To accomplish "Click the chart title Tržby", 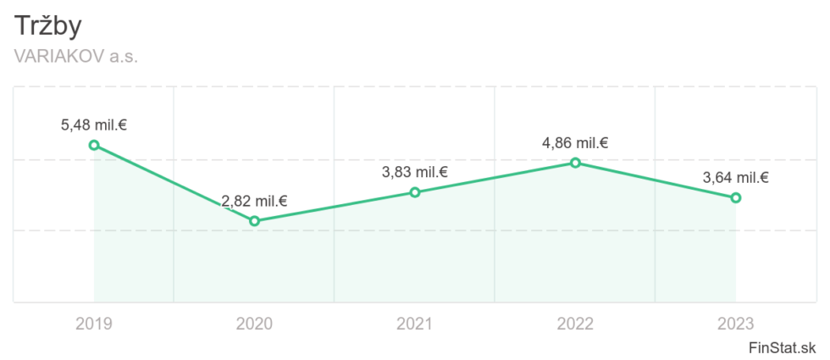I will [x=48, y=26].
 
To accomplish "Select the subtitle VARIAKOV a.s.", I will [x=76, y=57].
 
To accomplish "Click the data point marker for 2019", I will [x=94, y=145].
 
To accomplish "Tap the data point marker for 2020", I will [x=254, y=221].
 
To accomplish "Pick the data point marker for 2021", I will [x=415, y=192].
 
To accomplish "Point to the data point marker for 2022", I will [x=575, y=163].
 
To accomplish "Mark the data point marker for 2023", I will [x=736, y=197].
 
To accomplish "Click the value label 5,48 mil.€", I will [x=93, y=125].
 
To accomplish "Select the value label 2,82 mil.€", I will [x=254, y=202].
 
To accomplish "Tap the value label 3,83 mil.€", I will [x=415, y=172].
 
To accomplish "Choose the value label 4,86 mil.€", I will [x=575, y=143].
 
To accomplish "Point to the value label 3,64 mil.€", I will [x=736, y=178].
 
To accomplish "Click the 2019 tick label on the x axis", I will [x=93, y=324].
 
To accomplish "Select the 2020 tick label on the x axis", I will [x=254, y=324].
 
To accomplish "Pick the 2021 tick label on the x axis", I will [x=415, y=324].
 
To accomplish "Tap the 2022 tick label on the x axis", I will [x=575, y=324].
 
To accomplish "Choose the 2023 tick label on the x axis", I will [x=736, y=324].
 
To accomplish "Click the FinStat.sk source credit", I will [x=782, y=348].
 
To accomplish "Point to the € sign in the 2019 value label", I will [x=123, y=125].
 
